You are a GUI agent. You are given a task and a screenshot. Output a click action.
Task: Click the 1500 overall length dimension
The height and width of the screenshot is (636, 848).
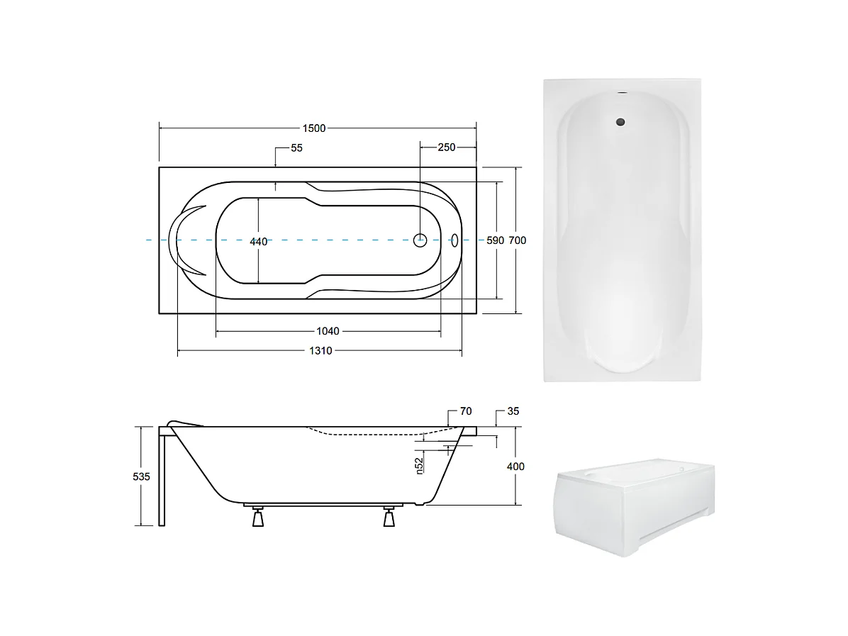point(314,128)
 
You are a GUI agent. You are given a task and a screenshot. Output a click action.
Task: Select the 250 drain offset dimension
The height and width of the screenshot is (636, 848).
point(446,147)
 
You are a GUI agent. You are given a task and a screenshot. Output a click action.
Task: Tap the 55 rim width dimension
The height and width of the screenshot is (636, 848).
point(296,148)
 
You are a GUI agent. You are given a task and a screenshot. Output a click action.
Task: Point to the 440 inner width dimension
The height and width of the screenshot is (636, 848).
point(259,242)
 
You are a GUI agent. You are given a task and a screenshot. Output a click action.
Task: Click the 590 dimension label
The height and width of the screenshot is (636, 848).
point(495,240)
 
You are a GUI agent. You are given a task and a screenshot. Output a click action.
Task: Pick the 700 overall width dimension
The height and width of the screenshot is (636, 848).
point(518,240)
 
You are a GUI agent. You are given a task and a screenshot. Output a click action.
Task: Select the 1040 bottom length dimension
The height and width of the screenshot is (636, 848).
point(328,331)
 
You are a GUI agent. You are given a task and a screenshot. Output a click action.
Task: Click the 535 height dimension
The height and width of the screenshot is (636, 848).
point(142,476)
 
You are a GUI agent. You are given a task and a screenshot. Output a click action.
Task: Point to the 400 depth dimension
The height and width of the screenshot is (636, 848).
point(516,467)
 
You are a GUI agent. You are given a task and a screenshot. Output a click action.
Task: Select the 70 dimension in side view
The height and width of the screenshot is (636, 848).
point(465,411)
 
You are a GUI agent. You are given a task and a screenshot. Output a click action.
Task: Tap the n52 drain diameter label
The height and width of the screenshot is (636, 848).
point(420,464)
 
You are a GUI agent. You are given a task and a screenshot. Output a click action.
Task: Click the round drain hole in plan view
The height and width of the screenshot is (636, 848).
point(420,240)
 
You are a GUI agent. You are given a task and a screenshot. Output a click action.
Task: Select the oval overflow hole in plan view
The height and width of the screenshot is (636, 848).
point(454,240)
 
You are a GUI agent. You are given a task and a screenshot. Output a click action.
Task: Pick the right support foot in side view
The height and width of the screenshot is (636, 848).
point(388,518)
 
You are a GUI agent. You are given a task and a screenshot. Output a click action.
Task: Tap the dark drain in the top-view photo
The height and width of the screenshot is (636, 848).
point(621,121)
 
